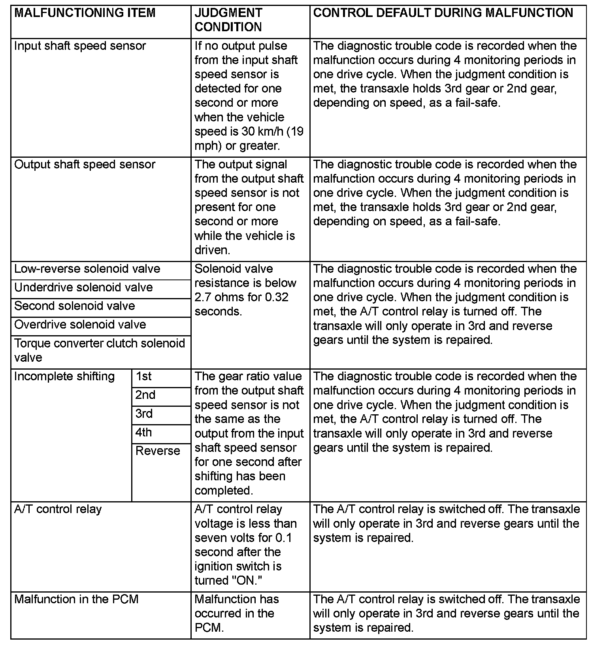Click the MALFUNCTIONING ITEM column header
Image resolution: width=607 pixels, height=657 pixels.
point(85,13)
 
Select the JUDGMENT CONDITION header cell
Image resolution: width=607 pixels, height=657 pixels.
point(228,20)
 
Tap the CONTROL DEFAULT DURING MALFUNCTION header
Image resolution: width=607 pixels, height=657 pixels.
point(443,13)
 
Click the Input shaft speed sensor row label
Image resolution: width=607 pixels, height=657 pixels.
point(80,46)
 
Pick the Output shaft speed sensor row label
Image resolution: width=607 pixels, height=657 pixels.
point(85,164)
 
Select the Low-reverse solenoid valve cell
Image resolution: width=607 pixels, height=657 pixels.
point(87,269)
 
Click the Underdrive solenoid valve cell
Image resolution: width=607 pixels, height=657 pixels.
point(83,287)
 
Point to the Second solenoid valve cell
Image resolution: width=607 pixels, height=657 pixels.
point(75,306)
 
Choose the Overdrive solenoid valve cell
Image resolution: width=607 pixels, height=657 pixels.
point(80,325)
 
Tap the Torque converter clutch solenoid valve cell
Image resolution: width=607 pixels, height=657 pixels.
point(99,350)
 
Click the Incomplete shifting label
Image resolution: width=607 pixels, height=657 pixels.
point(64,376)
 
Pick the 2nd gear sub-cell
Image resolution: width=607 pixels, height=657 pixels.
point(145,395)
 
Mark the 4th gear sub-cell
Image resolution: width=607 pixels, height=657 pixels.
point(143,432)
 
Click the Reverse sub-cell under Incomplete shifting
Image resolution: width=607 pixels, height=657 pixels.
point(158,451)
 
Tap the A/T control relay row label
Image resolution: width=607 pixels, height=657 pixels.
point(58,509)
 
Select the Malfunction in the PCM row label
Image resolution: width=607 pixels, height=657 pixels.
point(76,599)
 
